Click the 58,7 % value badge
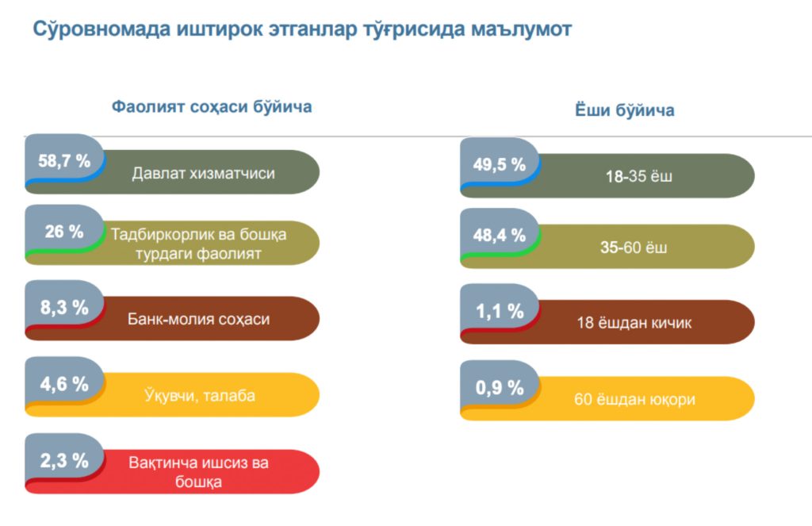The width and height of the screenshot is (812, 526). tap(64, 161)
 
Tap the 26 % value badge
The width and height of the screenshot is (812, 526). tap(64, 232)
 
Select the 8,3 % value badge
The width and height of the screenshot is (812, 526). tap(64, 308)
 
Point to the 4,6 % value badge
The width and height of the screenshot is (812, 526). tap(64, 384)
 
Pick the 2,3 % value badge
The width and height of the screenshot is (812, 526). tap(64, 460)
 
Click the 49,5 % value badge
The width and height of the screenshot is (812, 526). tap(500, 165)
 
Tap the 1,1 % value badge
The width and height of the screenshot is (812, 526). tap(500, 312)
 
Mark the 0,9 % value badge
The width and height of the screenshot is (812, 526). tap(500, 388)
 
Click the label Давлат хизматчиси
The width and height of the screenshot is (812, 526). tap(204, 173)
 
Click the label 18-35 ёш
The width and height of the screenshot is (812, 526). tap(638, 176)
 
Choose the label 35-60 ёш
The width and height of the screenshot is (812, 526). tap(634, 247)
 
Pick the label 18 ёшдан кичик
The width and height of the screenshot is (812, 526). tap(634, 323)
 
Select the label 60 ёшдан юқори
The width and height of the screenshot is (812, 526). tap(634, 399)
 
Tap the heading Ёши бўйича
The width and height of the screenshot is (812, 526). tap(624, 110)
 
